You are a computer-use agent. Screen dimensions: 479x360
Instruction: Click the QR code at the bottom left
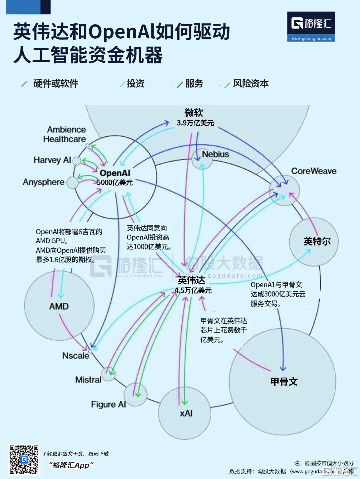[24, 459]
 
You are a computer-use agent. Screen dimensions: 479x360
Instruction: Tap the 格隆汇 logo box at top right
[311, 27]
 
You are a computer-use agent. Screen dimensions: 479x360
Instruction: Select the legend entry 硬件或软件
[56, 83]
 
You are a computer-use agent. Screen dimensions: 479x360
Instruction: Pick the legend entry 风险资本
[251, 83]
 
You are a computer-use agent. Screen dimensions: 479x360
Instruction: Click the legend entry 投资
[135, 83]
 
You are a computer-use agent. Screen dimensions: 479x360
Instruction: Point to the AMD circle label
[59, 306]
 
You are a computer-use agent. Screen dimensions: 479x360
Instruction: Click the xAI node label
[186, 413]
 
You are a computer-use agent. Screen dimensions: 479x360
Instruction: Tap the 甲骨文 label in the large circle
[284, 382]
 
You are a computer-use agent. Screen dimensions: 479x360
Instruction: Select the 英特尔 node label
[317, 241]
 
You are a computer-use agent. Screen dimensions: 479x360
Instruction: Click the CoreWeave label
[314, 171]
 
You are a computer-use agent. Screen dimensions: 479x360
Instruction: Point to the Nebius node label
[215, 154]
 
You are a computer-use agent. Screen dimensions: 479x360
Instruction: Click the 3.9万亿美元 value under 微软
[195, 123]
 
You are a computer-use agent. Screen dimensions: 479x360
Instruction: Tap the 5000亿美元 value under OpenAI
[115, 182]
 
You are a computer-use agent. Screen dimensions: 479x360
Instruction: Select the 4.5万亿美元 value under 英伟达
[193, 290]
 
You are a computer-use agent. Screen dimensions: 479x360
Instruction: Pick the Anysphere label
[44, 182]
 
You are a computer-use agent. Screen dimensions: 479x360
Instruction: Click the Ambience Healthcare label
[65, 134]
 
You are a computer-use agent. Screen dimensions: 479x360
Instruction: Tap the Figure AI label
[108, 404]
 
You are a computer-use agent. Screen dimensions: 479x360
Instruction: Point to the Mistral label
[88, 380]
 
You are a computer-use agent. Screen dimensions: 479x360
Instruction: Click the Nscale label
[76, 356]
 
